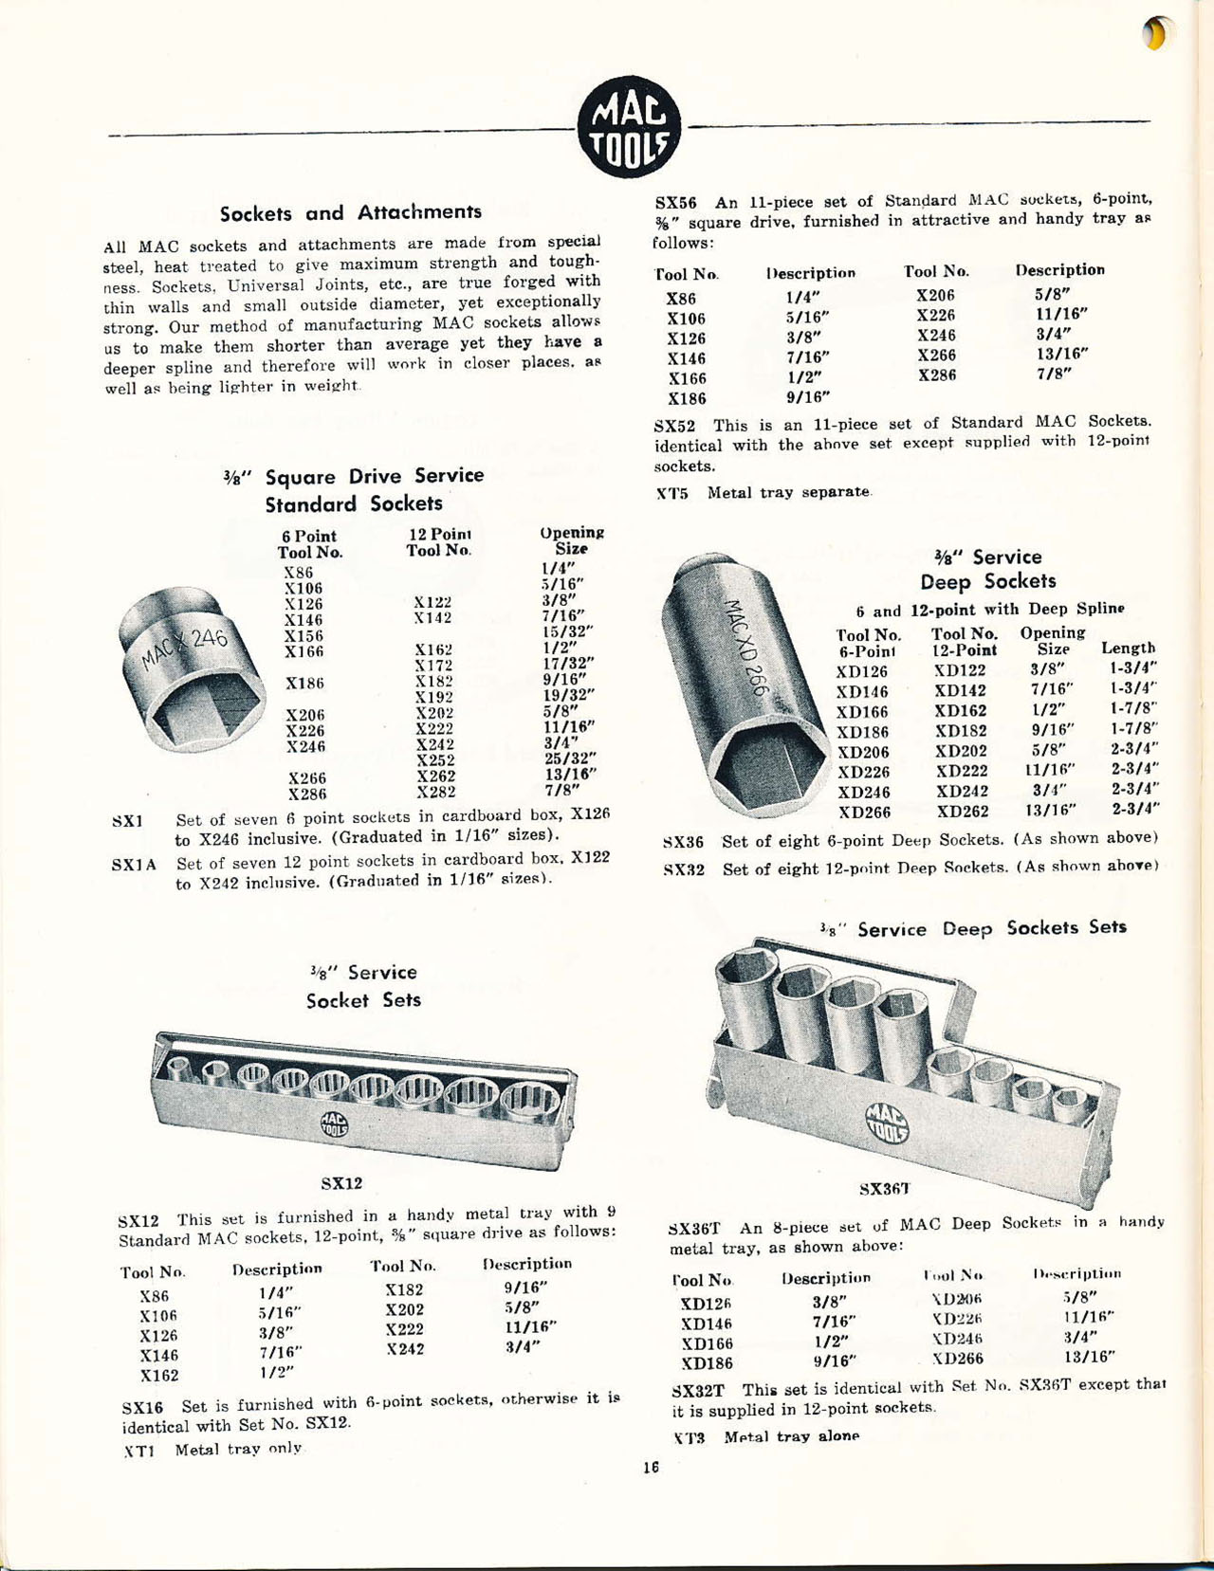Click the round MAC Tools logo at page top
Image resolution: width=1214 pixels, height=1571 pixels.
629,126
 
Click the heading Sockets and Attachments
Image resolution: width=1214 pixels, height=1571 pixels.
351,212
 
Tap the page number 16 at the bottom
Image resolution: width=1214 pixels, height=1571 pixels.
651,1467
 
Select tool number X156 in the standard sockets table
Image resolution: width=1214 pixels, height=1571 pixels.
303,635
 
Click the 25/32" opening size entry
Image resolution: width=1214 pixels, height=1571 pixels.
570,758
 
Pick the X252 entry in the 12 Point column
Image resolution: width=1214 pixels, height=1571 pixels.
436,759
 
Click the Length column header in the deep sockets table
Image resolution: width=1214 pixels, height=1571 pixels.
1128,648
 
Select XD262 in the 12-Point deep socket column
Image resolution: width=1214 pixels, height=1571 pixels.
963,812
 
